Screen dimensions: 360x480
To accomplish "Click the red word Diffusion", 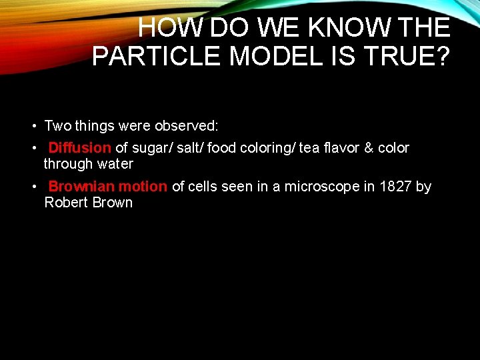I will coord(79,148).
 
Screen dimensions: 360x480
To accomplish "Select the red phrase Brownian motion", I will coord(107,187).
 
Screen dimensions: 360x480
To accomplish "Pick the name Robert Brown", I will coord(88,203).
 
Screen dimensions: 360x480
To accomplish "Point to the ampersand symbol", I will coord(369,148).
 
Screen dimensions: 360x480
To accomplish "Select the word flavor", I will coord(341,148).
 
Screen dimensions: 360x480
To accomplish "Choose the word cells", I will coord(201,187).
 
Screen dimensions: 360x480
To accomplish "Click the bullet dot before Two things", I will coord(33,126).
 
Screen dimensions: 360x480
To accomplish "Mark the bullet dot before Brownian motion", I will coord(33,187).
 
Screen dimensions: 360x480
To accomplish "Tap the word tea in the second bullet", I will coord(309,148).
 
